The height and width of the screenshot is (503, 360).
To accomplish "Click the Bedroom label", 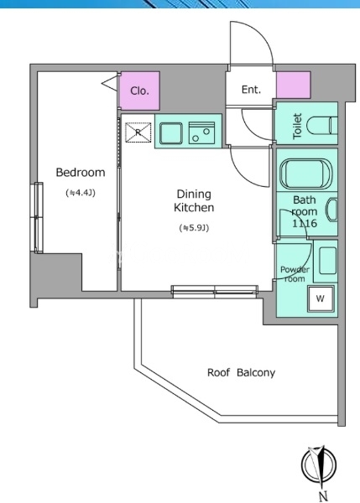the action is pyautogui.click(x=81, y=172).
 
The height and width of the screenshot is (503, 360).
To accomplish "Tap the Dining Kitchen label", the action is pyautogui.click(x=194, y=201).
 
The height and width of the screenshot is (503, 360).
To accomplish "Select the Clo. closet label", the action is pyautogui.click(x=139, y=91).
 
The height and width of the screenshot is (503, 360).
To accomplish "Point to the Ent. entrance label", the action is pyautogui.click(x=251, y=90).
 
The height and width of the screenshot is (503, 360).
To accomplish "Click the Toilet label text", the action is pyautogui.click(x=297, y=126).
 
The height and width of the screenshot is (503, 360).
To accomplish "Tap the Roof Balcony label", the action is pyautogui.click(x=241, y=373).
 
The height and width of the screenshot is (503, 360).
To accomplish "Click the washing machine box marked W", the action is pyautogui.click(x=321, y=298).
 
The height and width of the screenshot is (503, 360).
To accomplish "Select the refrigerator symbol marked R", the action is pyautogui.click(x=138, y=132).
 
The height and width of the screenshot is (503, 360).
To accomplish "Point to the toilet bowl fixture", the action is pyautogui.click(x=322, y=126).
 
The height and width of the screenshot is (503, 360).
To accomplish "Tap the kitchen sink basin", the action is pyautogui.click(x=171, y=132).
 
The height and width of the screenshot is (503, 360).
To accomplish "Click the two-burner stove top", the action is pyautogui.click(x=201, y=132).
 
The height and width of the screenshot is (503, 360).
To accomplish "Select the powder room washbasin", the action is pyautogui.click(x=328, y=260).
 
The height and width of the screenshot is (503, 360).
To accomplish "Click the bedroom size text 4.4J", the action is pyautogui.click(x=81, y=193).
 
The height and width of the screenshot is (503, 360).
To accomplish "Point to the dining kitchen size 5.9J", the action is pyautogui.click(x=194, y=228).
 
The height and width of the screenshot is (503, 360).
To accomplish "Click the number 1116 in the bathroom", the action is pyautogui.click(x=305, y=223).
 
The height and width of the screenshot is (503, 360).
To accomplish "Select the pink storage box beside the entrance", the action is pyautogui.click(x=294, y=85).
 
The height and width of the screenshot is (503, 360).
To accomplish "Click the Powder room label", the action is pyautogui.click(x=295, y=274).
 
